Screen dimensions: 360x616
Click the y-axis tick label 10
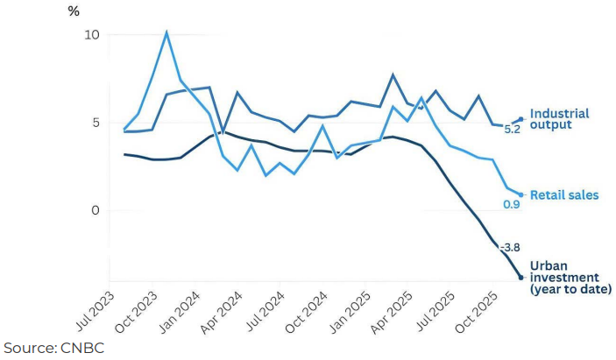tap(91, 35)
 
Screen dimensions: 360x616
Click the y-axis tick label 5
tap(95, 123)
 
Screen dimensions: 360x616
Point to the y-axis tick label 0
tap(95, 211)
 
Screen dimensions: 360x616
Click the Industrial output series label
tap(560, 119)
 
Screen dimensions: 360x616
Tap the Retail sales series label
tap(565, 194)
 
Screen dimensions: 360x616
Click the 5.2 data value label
tap(512, 129)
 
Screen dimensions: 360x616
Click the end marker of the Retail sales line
tap(521, 194)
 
